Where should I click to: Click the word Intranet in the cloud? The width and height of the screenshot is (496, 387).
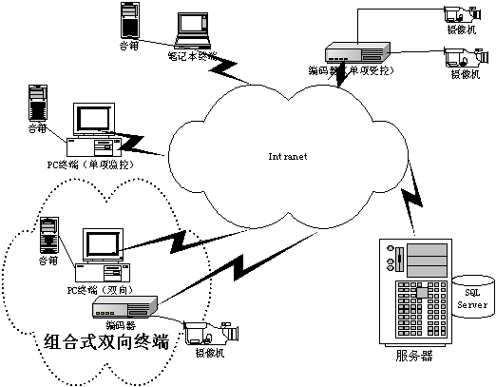289,155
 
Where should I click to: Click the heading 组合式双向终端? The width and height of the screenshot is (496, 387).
106,342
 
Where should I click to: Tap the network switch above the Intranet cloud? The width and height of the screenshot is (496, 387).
357,53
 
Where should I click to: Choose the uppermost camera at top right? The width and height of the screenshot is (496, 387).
458,14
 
